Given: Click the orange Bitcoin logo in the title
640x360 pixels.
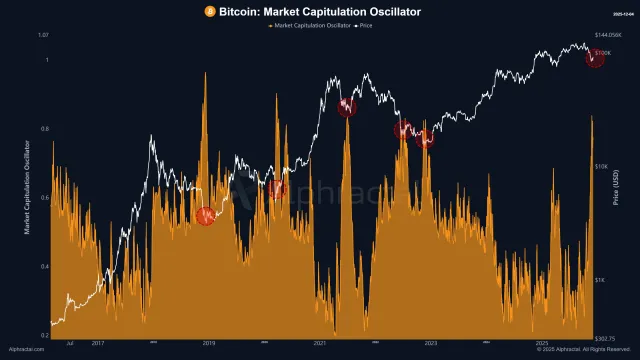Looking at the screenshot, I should coord(209,11).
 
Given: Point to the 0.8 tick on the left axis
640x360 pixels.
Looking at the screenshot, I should coord(44,129).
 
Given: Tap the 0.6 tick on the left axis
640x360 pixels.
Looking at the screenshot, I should coord(44,198).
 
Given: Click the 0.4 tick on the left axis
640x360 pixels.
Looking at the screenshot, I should coord(44,267).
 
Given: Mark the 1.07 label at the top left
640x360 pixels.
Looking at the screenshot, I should coord(42,35).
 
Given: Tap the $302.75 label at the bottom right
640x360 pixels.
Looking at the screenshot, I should coord(607,337).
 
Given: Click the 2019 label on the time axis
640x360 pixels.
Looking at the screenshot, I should coord(209,342).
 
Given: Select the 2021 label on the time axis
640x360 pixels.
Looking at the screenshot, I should coord(320,342).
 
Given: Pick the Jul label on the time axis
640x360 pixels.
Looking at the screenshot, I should coord(69,342).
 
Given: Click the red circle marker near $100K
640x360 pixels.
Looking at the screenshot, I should coord(595,58).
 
